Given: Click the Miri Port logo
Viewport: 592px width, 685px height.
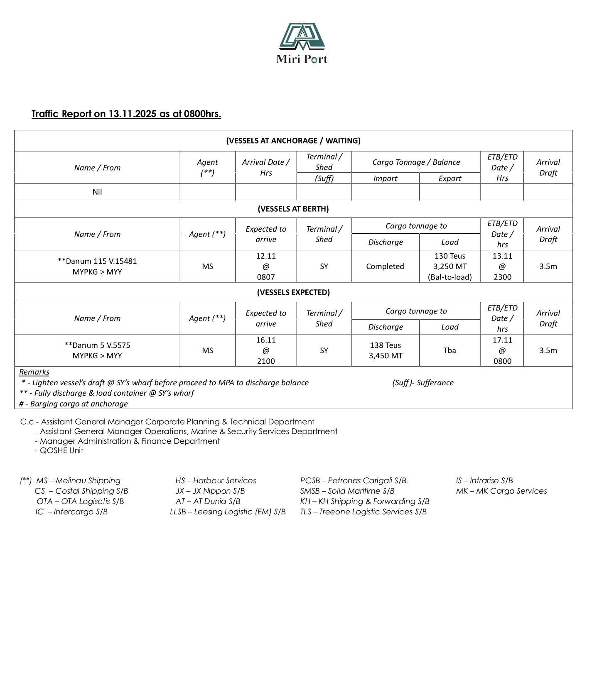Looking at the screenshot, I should [302, 43].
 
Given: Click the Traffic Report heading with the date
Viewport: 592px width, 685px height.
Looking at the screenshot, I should [126, 114].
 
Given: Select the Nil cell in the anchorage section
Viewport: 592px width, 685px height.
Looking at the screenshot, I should [97, 192].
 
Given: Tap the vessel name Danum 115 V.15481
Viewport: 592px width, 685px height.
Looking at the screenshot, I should [97, 261].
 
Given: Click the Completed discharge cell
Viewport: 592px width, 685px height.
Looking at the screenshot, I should [385, 266].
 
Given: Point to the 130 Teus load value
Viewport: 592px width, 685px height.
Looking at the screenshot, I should [450, 256].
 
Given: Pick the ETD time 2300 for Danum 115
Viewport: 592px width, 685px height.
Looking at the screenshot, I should [502, 277].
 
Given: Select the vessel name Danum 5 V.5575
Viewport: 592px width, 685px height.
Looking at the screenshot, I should [97, 345].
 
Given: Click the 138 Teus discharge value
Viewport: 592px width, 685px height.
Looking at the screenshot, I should [385, 345].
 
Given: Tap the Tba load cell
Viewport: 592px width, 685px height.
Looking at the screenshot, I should [450, 350].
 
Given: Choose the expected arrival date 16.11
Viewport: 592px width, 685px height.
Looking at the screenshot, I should [266, 340].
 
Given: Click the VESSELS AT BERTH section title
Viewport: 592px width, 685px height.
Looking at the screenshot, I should [293, 209].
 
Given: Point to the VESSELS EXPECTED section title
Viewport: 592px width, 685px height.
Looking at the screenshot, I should [293, 292].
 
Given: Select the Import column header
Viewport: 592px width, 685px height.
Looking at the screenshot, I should [385, 179].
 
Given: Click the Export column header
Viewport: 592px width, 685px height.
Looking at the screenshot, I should [450, 179].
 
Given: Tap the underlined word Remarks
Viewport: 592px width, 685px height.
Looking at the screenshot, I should [34, 372].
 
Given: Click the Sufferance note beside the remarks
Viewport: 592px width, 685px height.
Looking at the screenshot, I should [423, 383].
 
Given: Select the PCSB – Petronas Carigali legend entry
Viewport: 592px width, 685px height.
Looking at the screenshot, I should [354, 481].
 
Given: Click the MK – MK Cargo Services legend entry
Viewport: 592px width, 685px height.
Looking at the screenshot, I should [501, 491].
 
